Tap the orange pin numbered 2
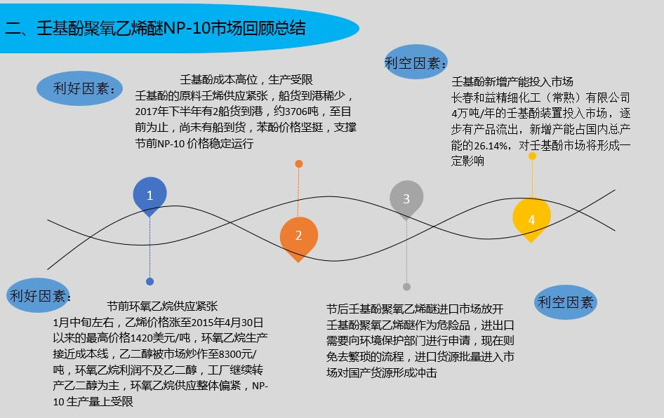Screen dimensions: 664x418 point(298,237)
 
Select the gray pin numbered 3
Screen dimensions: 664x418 point(406,198)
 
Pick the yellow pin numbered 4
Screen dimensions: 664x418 point(531,218)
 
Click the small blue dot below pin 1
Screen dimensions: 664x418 point(150,281)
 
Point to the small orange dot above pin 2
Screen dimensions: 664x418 point(298,163)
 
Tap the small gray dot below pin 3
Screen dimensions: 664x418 point(406,287)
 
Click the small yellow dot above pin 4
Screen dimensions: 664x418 point(532,156)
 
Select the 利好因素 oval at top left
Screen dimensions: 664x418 point(79,88)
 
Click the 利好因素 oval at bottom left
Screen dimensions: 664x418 point(38,295)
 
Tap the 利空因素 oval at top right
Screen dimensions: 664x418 point(416,62)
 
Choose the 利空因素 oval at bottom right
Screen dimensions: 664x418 point(565,302)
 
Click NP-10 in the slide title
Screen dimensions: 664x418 point(186,28)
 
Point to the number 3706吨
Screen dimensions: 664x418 point(302,112)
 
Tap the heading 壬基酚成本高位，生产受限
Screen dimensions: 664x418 point(246,79)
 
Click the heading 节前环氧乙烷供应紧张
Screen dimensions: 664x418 point(162,306)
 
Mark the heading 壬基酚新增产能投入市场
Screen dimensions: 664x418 point(512,81)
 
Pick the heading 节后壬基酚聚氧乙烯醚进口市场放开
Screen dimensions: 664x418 point(415,309)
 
